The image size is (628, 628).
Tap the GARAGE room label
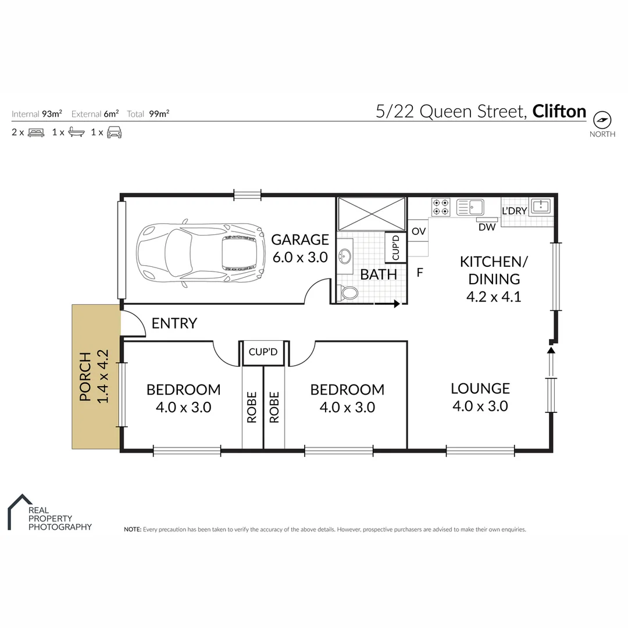(300, 240)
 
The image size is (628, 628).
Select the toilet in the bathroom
(349, 293)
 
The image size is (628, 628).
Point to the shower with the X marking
(372, 213)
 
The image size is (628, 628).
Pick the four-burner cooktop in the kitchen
(440, 207)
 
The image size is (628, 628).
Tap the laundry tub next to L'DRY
(541, 206)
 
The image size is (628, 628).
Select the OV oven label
(419, 231)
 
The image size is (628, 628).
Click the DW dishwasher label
(487, 227)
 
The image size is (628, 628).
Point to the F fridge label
(419, 272)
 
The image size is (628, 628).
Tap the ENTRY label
(174, 323)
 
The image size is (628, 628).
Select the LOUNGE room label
(480, 388)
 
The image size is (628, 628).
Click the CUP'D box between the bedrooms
(263, 352)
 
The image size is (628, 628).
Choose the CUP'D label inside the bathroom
(396, 248)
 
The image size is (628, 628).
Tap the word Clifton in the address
(559, 111)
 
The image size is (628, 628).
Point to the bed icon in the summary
(36, 133)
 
